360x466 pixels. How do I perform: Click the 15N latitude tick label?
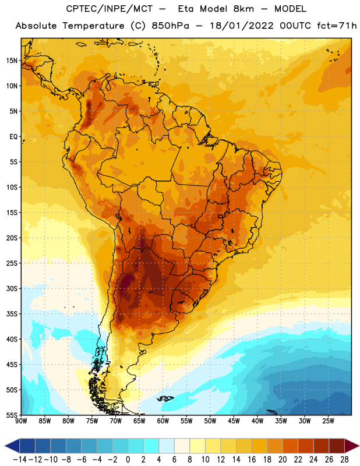(x=12, y=61)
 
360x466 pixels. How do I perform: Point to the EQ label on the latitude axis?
(x=13, y=137)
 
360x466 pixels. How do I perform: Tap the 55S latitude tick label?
(x=12, y=415)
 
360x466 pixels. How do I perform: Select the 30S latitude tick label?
(x=12, y=288)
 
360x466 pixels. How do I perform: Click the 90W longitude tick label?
(x=21, y=421)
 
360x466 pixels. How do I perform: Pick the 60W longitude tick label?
(x=163, y=421)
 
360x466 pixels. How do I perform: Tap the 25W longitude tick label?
(x=328, y=421)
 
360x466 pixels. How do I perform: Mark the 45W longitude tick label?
(x=234, y=421)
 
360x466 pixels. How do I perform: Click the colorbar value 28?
(x=344, y=460)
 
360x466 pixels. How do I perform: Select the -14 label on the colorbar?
(x=20, y=460)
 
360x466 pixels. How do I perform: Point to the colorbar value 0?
(x=128, y=460)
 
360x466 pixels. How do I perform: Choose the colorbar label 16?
(x=252, y=460)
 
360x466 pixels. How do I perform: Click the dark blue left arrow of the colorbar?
(x=12, y=446)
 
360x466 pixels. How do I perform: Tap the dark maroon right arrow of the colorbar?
(x=352, y=446)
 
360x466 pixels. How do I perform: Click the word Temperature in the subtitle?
(x=93, y=26)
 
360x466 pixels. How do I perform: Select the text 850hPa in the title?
(x=170, y=26)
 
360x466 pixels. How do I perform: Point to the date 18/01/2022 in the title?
(x=242, y=26)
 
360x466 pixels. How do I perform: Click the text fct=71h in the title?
(x=337, y=26)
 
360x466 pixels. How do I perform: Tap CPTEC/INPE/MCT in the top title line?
(x=110, y=9)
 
